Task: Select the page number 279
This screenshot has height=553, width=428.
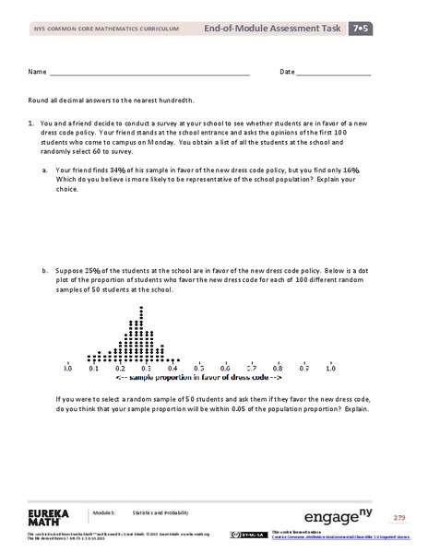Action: point(398,518)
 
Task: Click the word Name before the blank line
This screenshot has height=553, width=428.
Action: point(36,71)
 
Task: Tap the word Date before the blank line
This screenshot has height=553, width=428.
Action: point(287,71)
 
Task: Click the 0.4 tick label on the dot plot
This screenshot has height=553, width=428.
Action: point(172,367)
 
